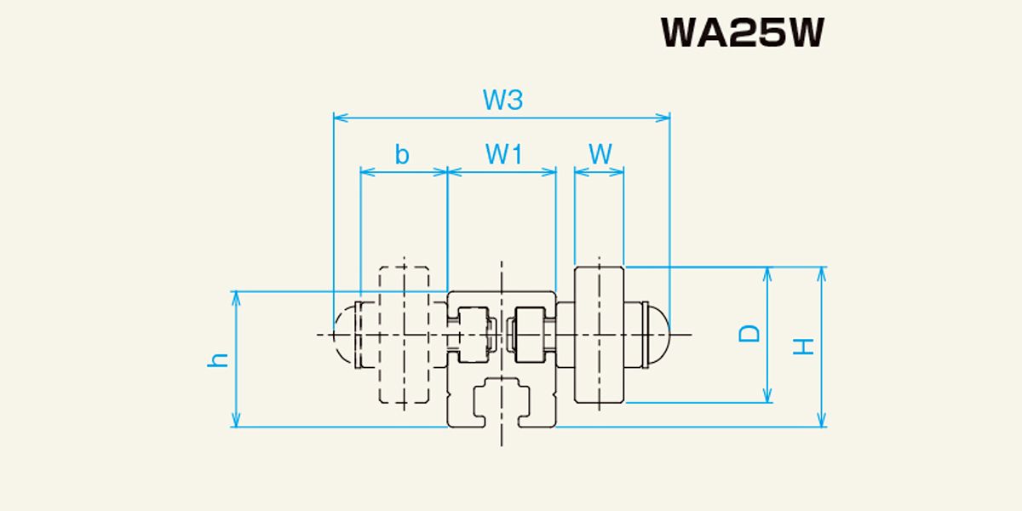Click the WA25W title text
point(743,32)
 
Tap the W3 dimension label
point(502,100)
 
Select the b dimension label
point(402,154)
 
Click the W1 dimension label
point(503,154)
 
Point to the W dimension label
point(600,154)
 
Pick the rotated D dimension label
point(749,334)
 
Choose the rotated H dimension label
point(803,347)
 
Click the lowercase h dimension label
point(218,360)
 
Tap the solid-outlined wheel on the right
point(599,335)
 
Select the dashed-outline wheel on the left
point(404,335)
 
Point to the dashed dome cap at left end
point(344,335)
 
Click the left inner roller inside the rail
point(474,335)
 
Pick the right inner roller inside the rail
point(530,335)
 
